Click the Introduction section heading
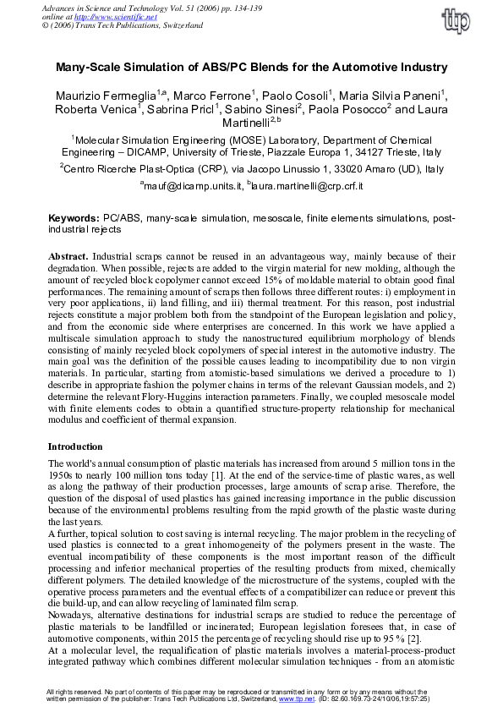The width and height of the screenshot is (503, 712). point(75,446)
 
